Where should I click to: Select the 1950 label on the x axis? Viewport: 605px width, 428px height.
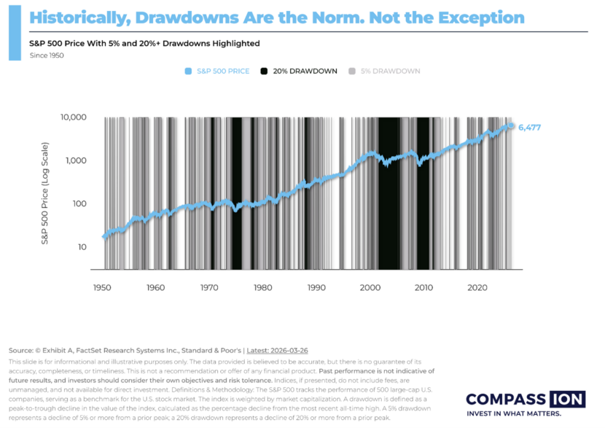click(x=102, y=288)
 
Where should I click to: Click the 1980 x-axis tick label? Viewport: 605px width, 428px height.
click(x=262, y=288)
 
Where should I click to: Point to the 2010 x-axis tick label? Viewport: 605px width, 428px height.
click(x=424, y=288)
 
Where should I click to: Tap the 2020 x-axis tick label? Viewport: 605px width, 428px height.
click(x=477, y=288)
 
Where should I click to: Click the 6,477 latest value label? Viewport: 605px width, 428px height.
click(x=529, y=128)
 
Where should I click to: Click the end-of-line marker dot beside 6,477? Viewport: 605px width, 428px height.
click(x=512, y=126)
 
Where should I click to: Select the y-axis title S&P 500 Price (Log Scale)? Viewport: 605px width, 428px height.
click(x=44, y=192)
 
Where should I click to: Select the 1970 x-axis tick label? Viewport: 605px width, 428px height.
click(x=209, y=288)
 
